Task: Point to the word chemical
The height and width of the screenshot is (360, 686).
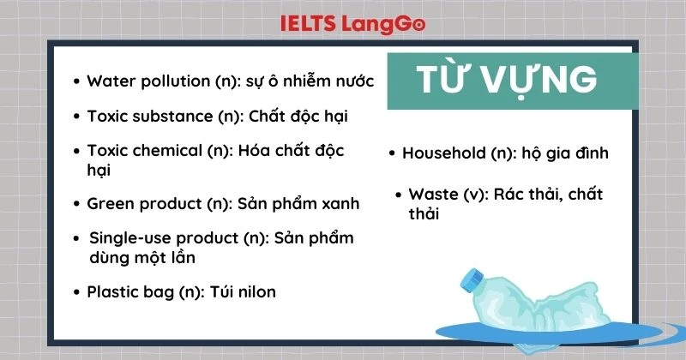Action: pyautogui.click(x=168, y=151)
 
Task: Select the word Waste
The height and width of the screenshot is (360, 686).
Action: pyautogui.click(x=432, y=195)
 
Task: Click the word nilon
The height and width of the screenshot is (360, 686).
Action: pyautogui.click(x=256, y=291)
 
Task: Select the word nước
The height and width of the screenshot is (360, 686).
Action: pyautogui.click(x=352, y=81)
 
